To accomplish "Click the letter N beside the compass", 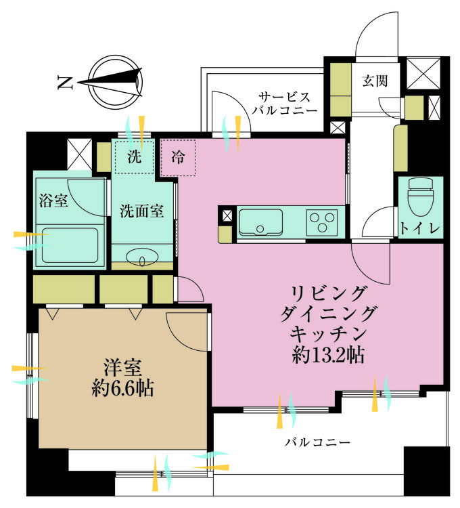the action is click(x=65, y=82).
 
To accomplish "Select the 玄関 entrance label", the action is click(x=375, y=81).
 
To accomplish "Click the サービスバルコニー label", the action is click(x=285, y=104).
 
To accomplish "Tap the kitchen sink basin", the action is click(x=260, y=222).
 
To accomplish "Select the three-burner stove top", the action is click(x=322, y=222).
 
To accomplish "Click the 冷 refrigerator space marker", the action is click(x=178, y=158).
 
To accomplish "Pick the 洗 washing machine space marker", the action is click(x=134, y=157).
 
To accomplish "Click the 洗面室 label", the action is click(x=141, y=211).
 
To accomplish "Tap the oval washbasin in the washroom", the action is click(x=142, y=258).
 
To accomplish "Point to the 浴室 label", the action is click(x=53, y=200).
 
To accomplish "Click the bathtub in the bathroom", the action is click(x=70, y=246).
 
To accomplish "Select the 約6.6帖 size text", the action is click(x=122, y=388).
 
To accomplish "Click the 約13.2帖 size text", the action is click(x=328, y=355).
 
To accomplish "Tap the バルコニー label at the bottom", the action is click(x=317, y=442).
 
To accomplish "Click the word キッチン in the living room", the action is click(x=328, y=334).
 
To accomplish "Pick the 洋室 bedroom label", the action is click(x=122, y=367).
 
